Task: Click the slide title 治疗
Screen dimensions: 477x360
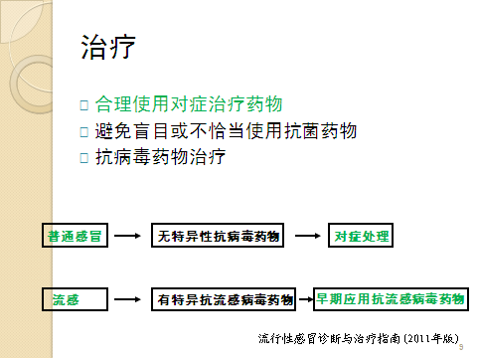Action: coord(106,47)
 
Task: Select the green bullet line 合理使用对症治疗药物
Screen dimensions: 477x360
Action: coord(190,103)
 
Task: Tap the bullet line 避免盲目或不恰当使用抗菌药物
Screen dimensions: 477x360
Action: coord(226,130)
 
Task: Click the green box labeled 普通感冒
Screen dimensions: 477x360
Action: coord(74,237)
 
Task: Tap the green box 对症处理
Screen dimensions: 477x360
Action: coord(363,237)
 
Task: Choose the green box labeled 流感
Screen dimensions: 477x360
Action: coord(66,298)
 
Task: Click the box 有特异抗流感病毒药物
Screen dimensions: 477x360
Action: coord(226,298)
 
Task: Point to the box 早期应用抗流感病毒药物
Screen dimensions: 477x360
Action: coord(391,297)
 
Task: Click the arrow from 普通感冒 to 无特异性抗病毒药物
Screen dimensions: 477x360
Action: coord(126,237)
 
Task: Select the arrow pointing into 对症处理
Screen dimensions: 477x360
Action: coord(309,237)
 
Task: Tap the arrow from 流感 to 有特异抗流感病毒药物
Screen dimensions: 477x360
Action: coord(126,298)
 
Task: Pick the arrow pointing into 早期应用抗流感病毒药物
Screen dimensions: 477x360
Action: coord(306,298)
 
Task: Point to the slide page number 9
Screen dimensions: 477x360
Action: coord(463,347)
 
